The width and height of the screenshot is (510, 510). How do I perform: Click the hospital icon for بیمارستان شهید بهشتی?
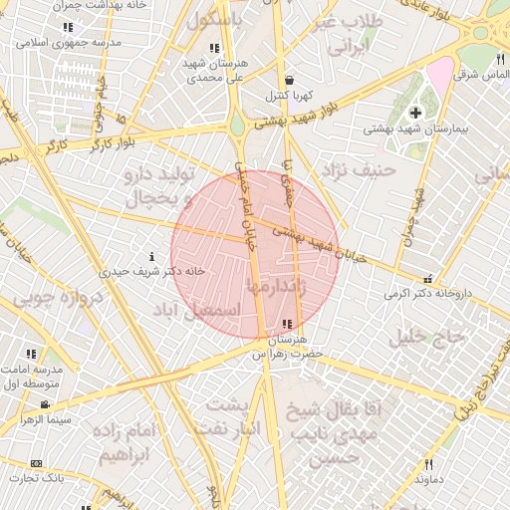click(x=415, y=112)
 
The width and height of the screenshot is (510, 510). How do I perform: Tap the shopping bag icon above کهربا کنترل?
click(x=288, y=80)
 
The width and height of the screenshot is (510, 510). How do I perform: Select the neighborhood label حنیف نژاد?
click(x=354, y=169)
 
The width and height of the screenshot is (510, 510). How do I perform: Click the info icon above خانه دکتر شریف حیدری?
click(x=151, y=255)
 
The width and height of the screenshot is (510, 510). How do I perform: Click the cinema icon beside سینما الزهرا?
click(x=45, y=404)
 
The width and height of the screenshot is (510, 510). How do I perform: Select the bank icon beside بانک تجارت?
click(x=37, y=464)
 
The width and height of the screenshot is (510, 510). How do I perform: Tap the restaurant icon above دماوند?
click(x=429, y=464)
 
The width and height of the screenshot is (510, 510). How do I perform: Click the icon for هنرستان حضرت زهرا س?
click(x=288, y=323)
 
